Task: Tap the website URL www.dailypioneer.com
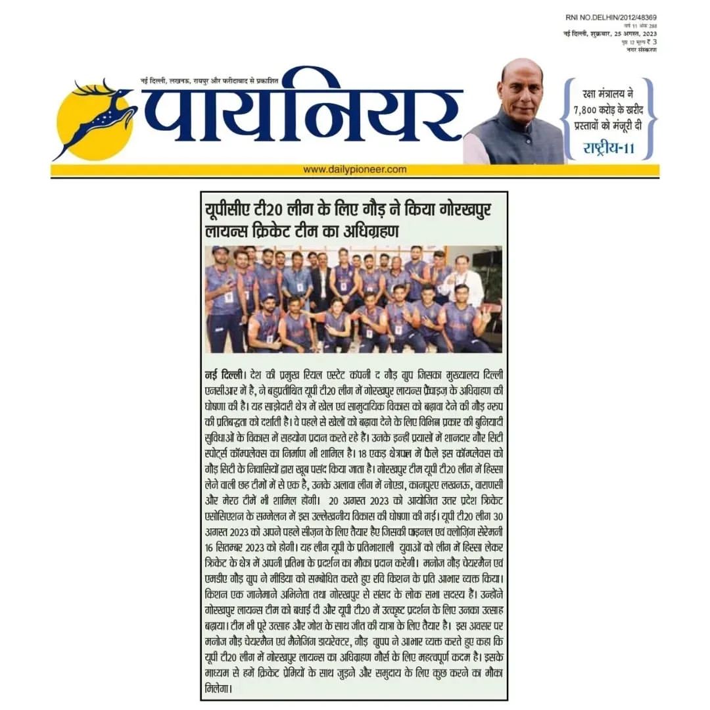point(355,170)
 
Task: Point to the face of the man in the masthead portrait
point(521,89)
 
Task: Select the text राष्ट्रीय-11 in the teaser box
point(609,148)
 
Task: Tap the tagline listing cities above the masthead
point(210,80)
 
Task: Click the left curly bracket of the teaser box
point(565,118)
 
